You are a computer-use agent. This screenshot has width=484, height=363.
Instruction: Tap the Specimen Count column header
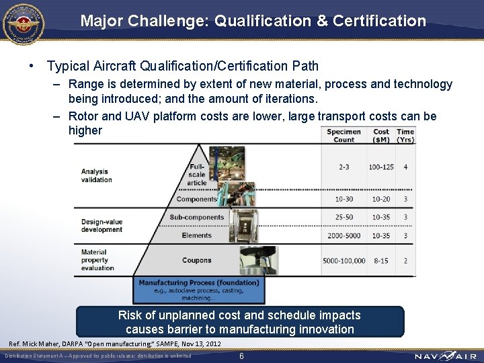pyautogui.click(x=344, y=136)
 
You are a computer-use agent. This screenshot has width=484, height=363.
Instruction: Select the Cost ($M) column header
pyautogui.click(x=381, y=136)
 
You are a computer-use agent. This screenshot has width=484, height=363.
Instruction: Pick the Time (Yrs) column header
pyautogui.click(x=405, y=136)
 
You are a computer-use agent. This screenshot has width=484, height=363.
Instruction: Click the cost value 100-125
pyautogui.click(x=381, y=167)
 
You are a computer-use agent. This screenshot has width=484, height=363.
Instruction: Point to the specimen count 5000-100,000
pyautogui.click(x=344, y=261)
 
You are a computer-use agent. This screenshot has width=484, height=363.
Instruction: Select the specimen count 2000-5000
pyautogui.click(x=344, y=236)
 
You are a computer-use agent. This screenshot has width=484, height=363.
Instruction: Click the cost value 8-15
pyautogui.click(x=381, y=261)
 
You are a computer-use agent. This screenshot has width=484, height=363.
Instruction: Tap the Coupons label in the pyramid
pyautogui.click(x=196, y=261)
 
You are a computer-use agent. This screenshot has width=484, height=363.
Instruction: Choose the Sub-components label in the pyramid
pyautogui.click(x=197, y=217)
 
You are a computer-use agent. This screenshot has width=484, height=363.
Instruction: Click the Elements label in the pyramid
pyautogui.click(x=196, y=236)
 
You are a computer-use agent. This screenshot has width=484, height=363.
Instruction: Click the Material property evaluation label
pyautogui.click(x=98, y=260)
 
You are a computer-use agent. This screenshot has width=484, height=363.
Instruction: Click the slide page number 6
pyautogui.click(x=241, y=356)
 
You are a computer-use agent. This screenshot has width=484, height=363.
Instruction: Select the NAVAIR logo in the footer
pyautogui.click(x=446, y=356)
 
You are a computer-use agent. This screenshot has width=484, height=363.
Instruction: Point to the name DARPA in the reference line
pyautogui.click(x=76, y=344)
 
